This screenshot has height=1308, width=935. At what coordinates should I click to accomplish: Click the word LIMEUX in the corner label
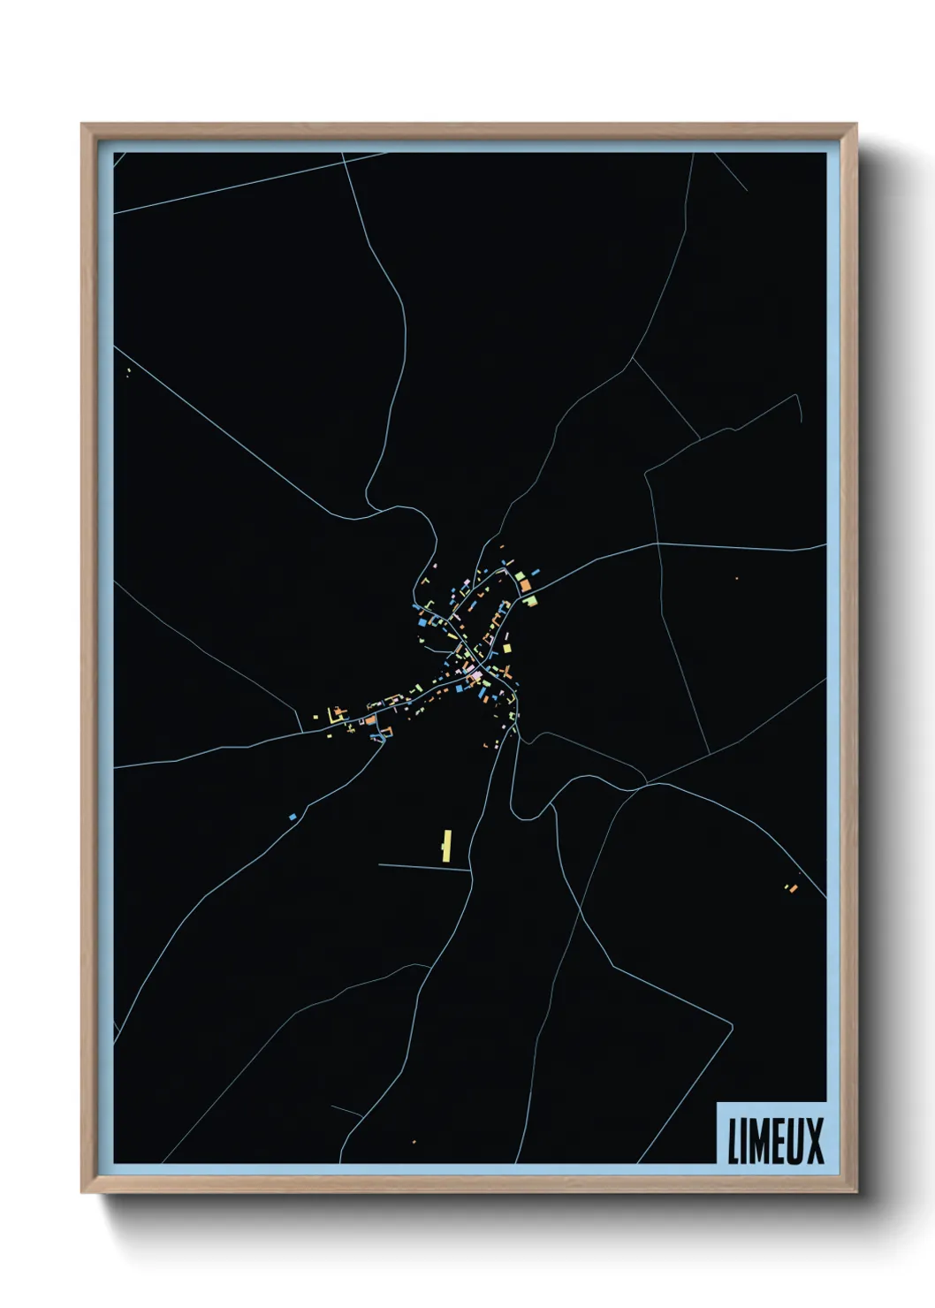coord(775,1140)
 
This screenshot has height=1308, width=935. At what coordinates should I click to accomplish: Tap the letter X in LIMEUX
coord(813,1140)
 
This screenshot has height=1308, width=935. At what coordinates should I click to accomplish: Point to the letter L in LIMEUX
coord(734,1140)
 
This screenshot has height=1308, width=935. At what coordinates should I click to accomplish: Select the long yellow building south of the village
coord(446,845)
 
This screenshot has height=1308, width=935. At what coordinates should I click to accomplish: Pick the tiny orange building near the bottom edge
coord(414,1142)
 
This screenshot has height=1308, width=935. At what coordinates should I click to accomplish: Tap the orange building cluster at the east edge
coord(792,886)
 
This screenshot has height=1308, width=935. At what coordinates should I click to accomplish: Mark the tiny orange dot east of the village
coord(736,578)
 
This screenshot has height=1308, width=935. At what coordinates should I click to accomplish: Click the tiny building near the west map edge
coord(129,371)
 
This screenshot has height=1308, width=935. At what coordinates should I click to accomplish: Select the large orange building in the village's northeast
coord(524,584)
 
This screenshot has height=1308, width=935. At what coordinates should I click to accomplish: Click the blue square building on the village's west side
coord(422,622)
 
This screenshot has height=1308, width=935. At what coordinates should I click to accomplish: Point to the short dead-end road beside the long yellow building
coord(424,867)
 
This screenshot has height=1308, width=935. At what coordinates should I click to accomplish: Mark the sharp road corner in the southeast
coord(732,1023)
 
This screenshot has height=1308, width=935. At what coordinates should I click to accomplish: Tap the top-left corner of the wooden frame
coord(83,125)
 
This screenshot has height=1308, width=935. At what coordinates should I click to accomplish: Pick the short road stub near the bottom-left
coord(346,1110)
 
